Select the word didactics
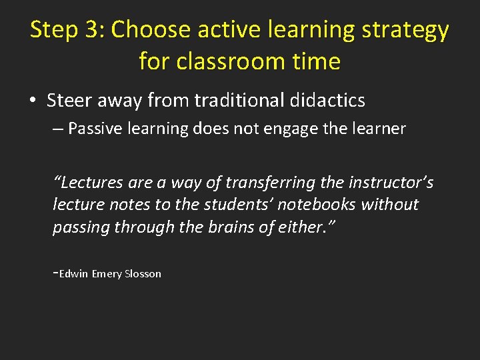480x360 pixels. (328, 101)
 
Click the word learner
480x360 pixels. (380, 129)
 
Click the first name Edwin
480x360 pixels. (73, 274)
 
